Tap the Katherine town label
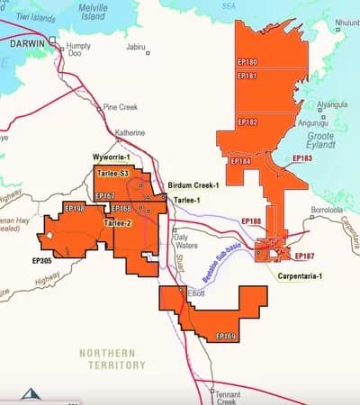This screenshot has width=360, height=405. point(130,132)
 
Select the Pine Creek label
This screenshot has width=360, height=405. point(120,106)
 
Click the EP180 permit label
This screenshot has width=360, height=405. point(247,63)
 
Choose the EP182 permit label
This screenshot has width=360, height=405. point(247,121)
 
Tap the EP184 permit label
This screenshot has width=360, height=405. point(240,161)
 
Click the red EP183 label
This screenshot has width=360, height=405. point(303,158)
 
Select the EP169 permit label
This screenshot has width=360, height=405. point(227,336)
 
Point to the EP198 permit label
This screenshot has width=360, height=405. point(75,208)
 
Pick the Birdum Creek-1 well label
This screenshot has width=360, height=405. point(193,185)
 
